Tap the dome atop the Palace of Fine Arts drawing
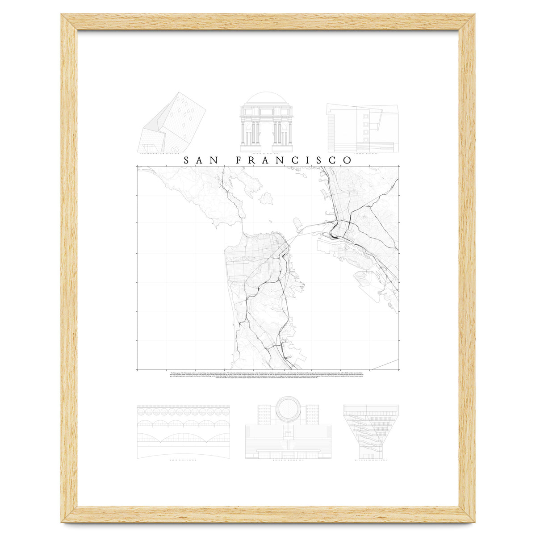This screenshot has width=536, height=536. coord(266,99)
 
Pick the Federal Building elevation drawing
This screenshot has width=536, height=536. coord(362,127)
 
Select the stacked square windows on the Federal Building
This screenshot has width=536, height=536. coord(366,124)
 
